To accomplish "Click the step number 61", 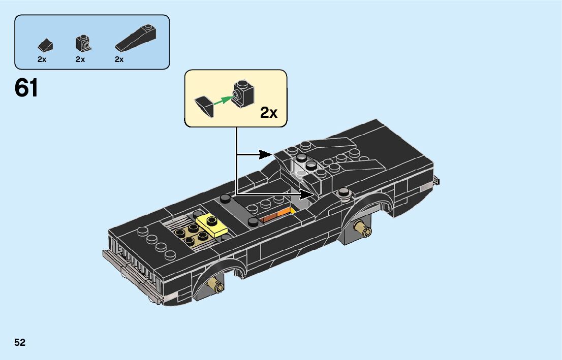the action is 26,88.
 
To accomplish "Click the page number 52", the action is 20,342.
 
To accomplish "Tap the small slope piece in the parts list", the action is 45,45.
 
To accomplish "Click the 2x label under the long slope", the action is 119,59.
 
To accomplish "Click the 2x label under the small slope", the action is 42,59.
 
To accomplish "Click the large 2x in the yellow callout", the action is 269,112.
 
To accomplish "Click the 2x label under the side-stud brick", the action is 80,59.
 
